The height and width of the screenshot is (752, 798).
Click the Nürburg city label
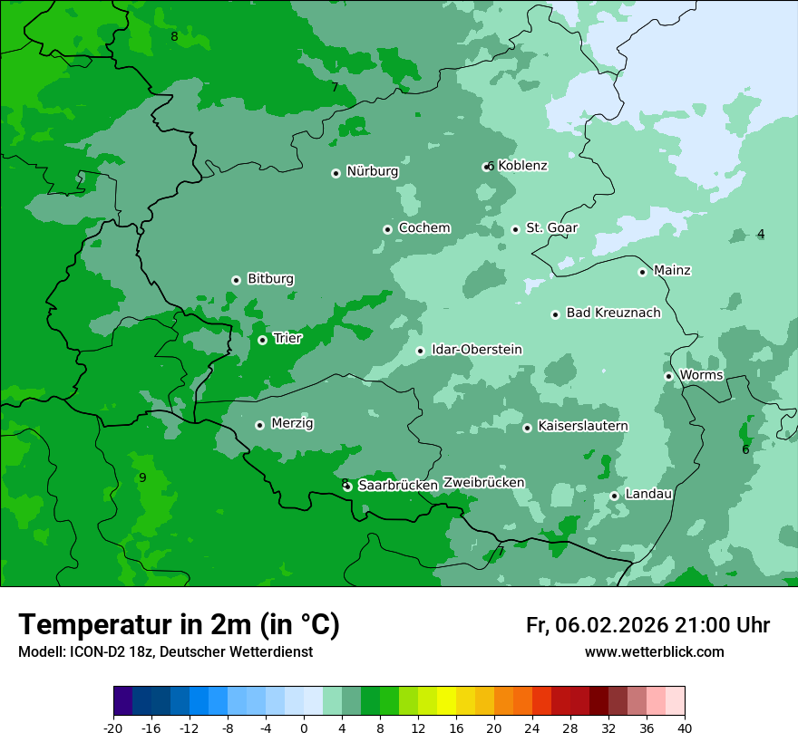(x=372, y=171)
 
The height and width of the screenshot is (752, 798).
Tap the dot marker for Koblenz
(x=487, y=167)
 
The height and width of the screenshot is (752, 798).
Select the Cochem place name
(x=423, y=227)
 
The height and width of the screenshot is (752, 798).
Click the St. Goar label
(x=551, y=227)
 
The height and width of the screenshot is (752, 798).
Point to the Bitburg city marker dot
(x=236, y=280)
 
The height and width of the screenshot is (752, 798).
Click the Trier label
(x=287, y=338)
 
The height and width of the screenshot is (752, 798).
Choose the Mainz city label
(x=672, y=270)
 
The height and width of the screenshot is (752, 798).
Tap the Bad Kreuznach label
(x=613, y=313)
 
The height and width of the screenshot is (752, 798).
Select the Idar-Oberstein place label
(x=476, y=349)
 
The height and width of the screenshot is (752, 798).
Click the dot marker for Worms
(x=668, y=376)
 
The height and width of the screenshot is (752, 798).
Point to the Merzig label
(x=292, y=423)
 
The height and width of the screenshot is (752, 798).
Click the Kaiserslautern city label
(x=582, y=426)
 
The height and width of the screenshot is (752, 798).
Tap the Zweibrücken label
(x=483, y=483)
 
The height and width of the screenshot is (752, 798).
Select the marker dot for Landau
(x=614, y=496)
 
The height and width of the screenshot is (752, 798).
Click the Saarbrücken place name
(x=398, y=486)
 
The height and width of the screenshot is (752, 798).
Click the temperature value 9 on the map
(x=142, y=477)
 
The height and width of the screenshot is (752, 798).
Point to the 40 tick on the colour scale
(x=685, y=728)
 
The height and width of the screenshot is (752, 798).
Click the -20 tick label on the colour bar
(x=113, y=728)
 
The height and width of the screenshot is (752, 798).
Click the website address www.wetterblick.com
(x=654, y=652)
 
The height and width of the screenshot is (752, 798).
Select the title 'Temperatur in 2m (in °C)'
(x=179, y=625)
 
